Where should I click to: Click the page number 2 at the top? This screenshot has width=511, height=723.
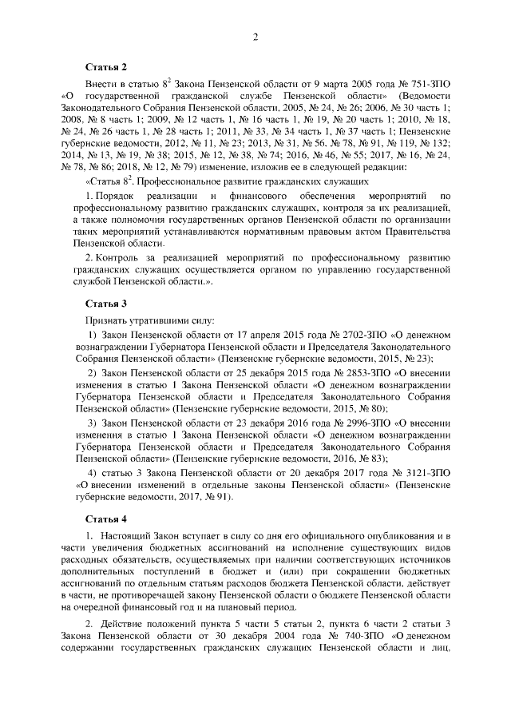click(x=255, y=38)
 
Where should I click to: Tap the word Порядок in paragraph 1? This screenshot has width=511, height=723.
click(x=116, y=196)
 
